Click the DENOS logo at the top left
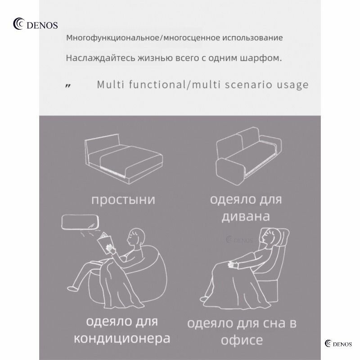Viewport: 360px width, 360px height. pos(36,24)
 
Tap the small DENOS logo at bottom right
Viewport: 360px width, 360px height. pos(338,344)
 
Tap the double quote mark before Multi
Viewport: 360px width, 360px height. pos(68,86)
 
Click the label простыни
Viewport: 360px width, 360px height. pos(123,200)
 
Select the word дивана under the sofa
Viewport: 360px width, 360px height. pos(246,216)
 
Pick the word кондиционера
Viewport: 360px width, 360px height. pos(122,338)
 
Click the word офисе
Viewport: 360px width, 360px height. pos(242,340)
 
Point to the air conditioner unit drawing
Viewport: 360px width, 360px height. pos(80,222)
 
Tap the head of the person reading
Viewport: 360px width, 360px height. pos(136,238)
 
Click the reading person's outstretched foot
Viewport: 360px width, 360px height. pos(72,288)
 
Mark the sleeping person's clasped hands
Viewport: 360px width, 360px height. pos(234,265)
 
